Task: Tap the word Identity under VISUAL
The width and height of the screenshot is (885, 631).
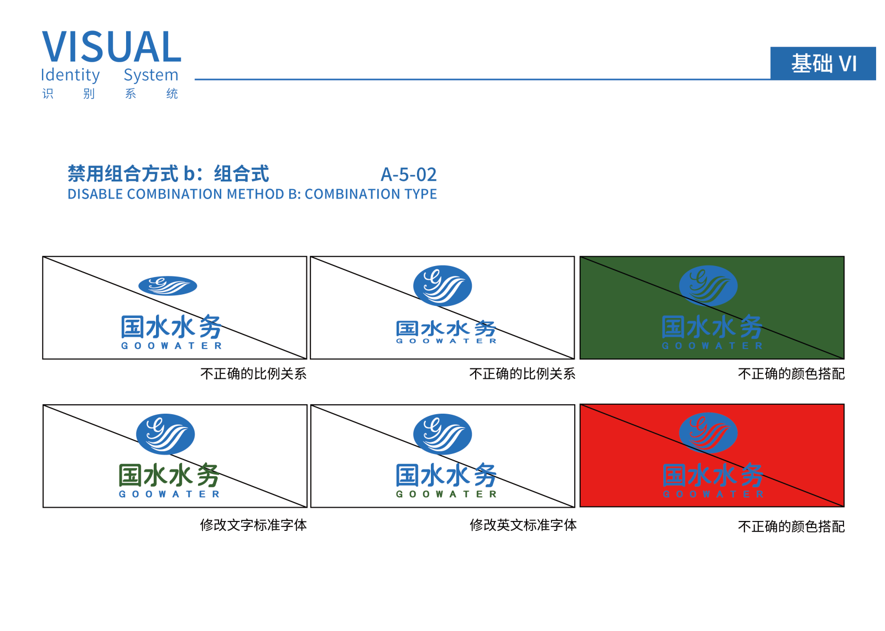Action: pos(70,75)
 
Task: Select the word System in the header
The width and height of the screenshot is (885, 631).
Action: pos(151,75)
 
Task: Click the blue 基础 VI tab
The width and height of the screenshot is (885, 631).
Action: pos(823,63)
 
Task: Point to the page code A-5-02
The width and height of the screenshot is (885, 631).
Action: pos(409,175)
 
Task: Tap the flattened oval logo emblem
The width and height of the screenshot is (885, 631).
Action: pos(168,286)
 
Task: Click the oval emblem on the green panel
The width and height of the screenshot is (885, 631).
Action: pos(708,286)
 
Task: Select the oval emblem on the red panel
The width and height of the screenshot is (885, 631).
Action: pos(708,432)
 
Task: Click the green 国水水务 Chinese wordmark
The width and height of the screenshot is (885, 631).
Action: pos(169,475)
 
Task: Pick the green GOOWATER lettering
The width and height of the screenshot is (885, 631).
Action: pos(446,494)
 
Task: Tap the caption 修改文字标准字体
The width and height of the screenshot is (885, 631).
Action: pos(253,525)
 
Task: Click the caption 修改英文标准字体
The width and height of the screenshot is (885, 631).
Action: pos(523,525)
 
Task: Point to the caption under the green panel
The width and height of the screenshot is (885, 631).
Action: pos(791,374)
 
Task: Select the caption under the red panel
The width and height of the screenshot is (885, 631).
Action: pos(791,526)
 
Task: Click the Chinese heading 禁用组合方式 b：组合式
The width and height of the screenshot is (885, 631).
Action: pos(168,174)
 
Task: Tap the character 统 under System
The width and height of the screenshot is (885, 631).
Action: pos(172,93)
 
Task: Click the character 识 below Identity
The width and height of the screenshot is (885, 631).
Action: pos(48,93)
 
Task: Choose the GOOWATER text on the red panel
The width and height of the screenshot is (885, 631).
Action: pos(713,494)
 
